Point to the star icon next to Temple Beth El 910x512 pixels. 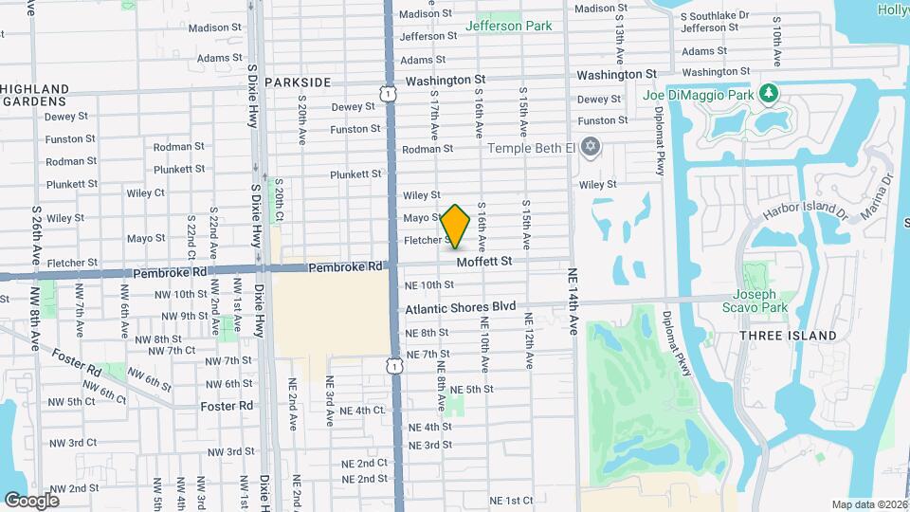(x=591, y=146)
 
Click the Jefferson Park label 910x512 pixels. (x=508, y=26)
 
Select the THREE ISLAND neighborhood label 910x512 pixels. (x=788, y=336)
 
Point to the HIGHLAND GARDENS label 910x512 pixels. (x=35, y=95)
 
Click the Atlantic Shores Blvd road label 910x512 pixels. (x=461, y=307)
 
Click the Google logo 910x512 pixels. (x=31, y=500)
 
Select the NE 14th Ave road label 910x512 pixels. (x=573, y=302)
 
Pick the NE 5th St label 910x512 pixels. (x=472, y=390)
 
